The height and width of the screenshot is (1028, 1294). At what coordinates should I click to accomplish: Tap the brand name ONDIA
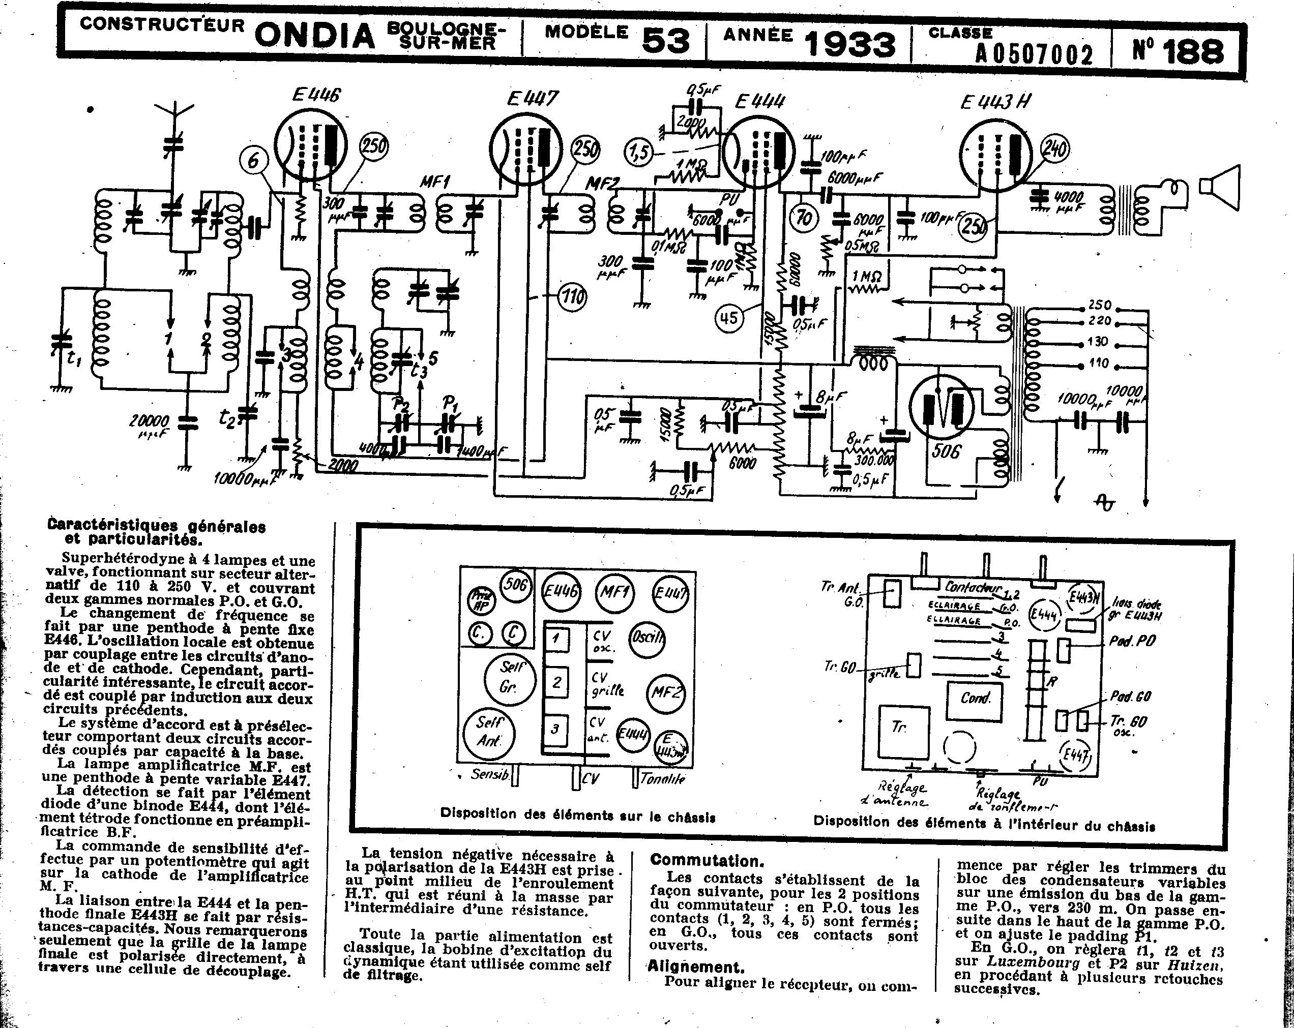[x=314, y=36]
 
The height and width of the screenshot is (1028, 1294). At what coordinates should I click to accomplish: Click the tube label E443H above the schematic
[x=995, y=103]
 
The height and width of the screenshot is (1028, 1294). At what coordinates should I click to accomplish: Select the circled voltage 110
[x=572, y=296]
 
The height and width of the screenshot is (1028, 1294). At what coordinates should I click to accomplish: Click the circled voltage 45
[x=728, y=317]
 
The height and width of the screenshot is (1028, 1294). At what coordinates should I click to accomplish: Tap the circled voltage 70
[x=804, y=218]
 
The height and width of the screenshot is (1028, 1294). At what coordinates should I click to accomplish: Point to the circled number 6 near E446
[x=253, y=161]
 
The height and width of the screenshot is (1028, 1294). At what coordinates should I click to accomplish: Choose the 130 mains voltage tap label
[x=1098, y=342]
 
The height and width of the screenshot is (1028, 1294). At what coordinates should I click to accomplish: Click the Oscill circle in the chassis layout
[x=646, y=637]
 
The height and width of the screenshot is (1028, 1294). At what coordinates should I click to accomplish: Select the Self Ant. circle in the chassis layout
[x=490, y=732]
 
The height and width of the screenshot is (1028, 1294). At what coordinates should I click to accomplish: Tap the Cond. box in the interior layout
[x=975, y=698]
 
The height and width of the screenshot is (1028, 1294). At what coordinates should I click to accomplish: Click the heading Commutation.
[x=707, y=860]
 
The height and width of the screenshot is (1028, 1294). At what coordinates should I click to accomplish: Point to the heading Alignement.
[x=696, y=967]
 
